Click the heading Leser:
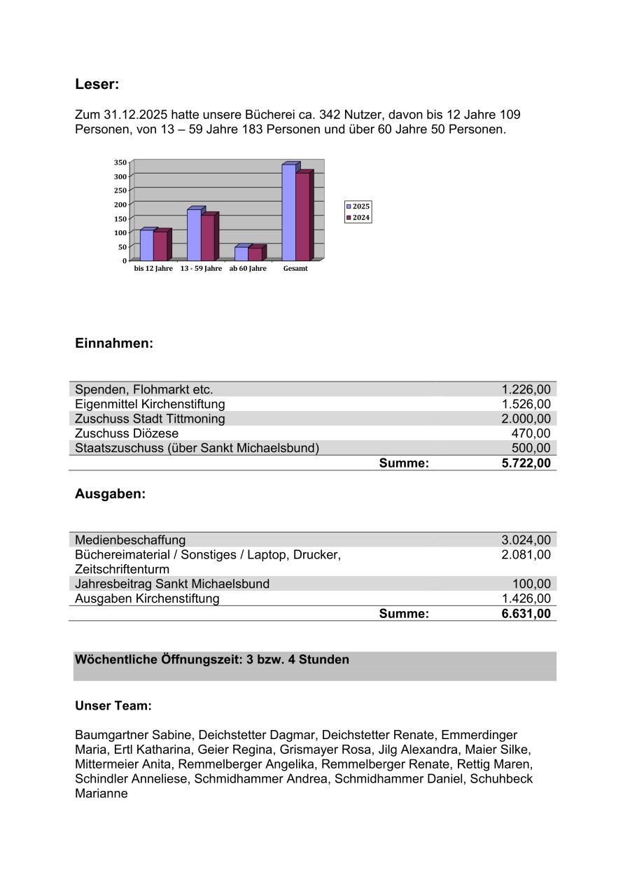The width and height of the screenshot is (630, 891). coord(97,85)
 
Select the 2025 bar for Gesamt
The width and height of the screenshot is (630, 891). coord(288,213)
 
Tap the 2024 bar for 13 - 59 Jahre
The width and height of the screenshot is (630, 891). coord(208,238)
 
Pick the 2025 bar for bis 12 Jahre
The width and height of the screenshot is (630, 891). coord(146,245)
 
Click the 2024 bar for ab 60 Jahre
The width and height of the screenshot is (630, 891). coord(255,253)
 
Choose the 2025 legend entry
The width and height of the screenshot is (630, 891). coord(358,206)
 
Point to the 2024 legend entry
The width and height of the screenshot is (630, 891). coord(358,218)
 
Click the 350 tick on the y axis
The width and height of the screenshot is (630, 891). coord(120,162)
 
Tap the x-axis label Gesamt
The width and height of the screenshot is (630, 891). coord(295,269)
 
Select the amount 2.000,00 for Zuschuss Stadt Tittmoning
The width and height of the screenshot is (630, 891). coord(526,419)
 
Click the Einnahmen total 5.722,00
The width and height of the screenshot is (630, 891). coord(526,463)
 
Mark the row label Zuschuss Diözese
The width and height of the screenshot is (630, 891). coord(127,433)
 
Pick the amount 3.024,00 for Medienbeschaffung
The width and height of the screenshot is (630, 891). coord(526,540)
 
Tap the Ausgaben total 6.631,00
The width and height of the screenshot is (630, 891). coord(526,614)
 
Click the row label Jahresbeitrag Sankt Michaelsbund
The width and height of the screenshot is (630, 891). coord(172,584)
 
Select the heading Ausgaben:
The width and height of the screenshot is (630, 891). coord(110,493)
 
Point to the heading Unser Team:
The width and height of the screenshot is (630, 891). coord(113,706)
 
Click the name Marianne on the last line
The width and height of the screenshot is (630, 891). coord(101,794)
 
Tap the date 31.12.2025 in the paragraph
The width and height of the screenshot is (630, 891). coord(134,114)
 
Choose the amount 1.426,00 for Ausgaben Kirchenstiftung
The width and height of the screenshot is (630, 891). coord(526,598)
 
